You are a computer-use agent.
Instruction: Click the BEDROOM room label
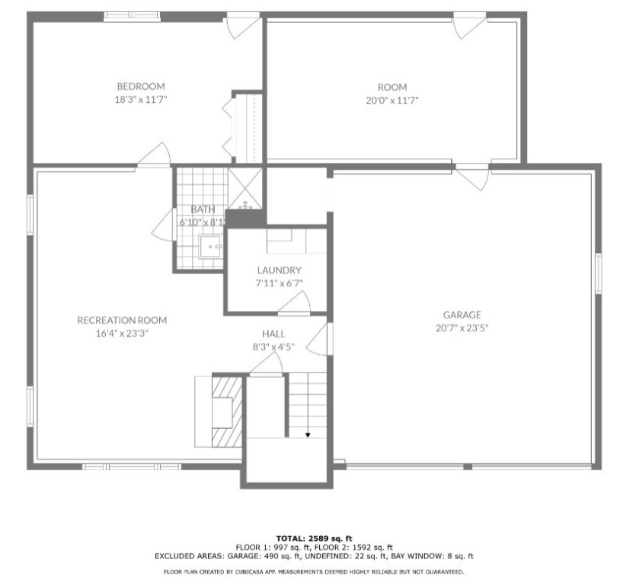tap(140, 86)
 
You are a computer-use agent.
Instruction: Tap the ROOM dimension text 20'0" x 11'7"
tap(392, 100)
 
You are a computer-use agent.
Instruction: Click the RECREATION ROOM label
tap(122, 320)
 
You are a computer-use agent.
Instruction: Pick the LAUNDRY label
tap(279, 270)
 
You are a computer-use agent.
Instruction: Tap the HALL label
tap(273, 334)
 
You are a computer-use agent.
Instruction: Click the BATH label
tap(203, 209)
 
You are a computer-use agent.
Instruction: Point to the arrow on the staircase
tap(308, 435)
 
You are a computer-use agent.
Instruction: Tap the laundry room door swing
tap(294, 305)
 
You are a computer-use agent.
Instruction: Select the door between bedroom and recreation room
tap(155, 155)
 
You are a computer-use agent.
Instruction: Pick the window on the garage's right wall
tap(598, 275)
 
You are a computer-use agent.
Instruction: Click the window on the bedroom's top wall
tap(127, 16)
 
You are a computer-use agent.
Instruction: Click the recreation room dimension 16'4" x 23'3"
tap(122, 333)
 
